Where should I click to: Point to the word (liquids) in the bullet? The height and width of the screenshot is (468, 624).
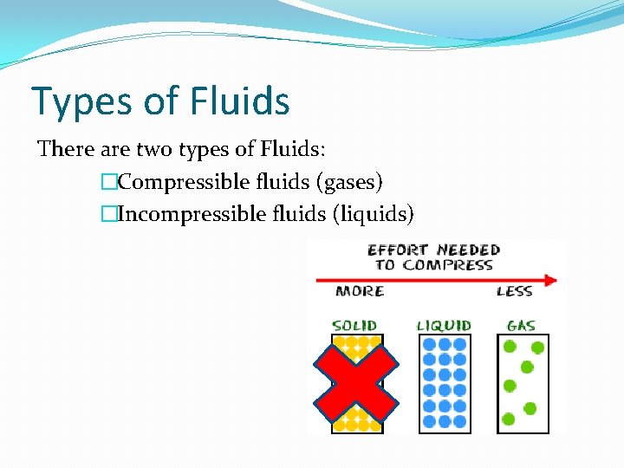374,212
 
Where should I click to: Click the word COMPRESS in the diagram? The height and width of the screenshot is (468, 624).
457,265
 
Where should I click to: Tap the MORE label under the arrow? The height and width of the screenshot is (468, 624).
360,291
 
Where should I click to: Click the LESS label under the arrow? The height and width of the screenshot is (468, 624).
514,291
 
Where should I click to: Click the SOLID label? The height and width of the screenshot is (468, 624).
355,326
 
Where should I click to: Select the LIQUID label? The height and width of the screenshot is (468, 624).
444,326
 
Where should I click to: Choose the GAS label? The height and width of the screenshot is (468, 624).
521,326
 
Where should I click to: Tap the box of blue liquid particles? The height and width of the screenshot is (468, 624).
445,383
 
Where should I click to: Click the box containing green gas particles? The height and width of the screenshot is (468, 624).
523,383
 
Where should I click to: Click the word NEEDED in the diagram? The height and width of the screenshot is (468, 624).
469,250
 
